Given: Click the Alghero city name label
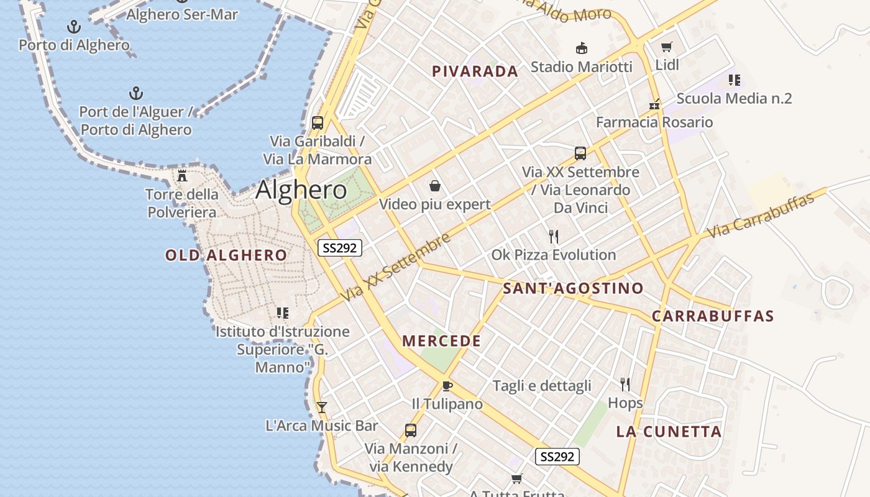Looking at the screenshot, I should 301,189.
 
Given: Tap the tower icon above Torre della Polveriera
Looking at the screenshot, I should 182,176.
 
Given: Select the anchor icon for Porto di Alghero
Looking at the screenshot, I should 74,27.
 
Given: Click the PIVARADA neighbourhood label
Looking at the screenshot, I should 475,71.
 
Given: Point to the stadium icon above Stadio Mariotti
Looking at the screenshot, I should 582,48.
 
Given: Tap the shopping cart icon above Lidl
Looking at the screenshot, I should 667,47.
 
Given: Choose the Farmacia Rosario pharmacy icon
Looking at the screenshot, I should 654,104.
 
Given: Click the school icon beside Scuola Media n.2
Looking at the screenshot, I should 734,80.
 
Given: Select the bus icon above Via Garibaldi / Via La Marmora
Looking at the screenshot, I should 318,123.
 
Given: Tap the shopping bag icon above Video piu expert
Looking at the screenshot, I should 435,186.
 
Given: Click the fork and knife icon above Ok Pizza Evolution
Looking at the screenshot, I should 554,237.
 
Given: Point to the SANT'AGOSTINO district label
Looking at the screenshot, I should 573,288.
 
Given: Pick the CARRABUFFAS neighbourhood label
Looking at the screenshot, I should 713,316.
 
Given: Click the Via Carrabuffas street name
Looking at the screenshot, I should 761,216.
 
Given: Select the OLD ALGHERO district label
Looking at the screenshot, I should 226,255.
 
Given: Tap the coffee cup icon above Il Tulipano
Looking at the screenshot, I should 447,386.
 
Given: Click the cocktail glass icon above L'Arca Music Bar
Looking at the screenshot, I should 322,408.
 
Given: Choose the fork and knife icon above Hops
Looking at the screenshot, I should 625,385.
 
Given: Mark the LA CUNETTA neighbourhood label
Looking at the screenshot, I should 669,432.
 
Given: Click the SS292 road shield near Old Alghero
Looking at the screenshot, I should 340,248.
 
